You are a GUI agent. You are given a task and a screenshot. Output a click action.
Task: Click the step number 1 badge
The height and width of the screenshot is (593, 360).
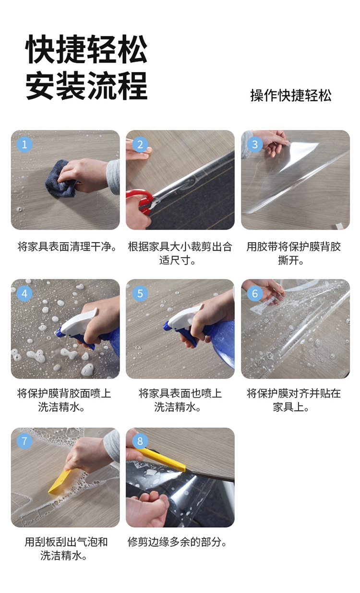click(24, 144)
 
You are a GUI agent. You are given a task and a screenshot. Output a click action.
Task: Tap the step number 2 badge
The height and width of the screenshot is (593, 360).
click(140, 144)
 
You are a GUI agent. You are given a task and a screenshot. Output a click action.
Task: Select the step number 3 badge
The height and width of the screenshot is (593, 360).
click(255, 144)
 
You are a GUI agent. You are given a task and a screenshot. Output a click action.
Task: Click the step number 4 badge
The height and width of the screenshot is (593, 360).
click(24, 293)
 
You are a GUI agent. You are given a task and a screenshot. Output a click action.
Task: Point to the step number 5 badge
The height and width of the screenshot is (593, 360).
click(140, 293)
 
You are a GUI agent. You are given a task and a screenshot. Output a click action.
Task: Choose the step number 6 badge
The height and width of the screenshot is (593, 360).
click(255, 293)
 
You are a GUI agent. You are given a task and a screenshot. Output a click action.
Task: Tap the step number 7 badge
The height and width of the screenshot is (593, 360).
click(24, 441)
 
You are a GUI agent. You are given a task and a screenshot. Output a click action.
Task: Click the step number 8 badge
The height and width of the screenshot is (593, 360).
click(140, 441)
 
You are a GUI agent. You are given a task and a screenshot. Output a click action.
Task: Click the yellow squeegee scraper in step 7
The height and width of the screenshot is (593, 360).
click(60, 482)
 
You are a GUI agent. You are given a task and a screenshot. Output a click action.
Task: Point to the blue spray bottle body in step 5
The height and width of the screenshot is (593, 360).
click(220, 343)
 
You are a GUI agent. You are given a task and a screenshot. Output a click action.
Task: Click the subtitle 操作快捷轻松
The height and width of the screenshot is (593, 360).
click(291, 95)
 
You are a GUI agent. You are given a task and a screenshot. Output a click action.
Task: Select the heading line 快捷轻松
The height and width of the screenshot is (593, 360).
click(86, 49)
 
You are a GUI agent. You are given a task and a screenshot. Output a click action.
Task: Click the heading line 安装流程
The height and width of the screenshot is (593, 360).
click(86, 85)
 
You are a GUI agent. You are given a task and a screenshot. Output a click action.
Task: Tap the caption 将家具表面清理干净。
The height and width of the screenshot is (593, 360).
click(67, 247)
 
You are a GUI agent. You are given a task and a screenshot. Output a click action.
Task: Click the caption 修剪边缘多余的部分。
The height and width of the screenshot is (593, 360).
click(177, 542)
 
